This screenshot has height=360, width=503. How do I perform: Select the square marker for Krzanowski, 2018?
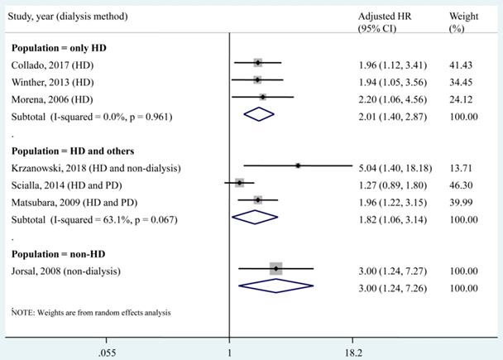pos(298,166)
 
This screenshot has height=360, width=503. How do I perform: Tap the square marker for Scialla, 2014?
pos(240,183)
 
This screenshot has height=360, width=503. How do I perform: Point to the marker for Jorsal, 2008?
pos(275,268)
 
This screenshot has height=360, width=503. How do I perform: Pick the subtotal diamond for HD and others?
pos(256,217)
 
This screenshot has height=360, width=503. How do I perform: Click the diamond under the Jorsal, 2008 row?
pos(275,286)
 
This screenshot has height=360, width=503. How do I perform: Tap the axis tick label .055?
pos(106,348)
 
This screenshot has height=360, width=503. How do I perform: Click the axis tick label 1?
pos(229,348)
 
